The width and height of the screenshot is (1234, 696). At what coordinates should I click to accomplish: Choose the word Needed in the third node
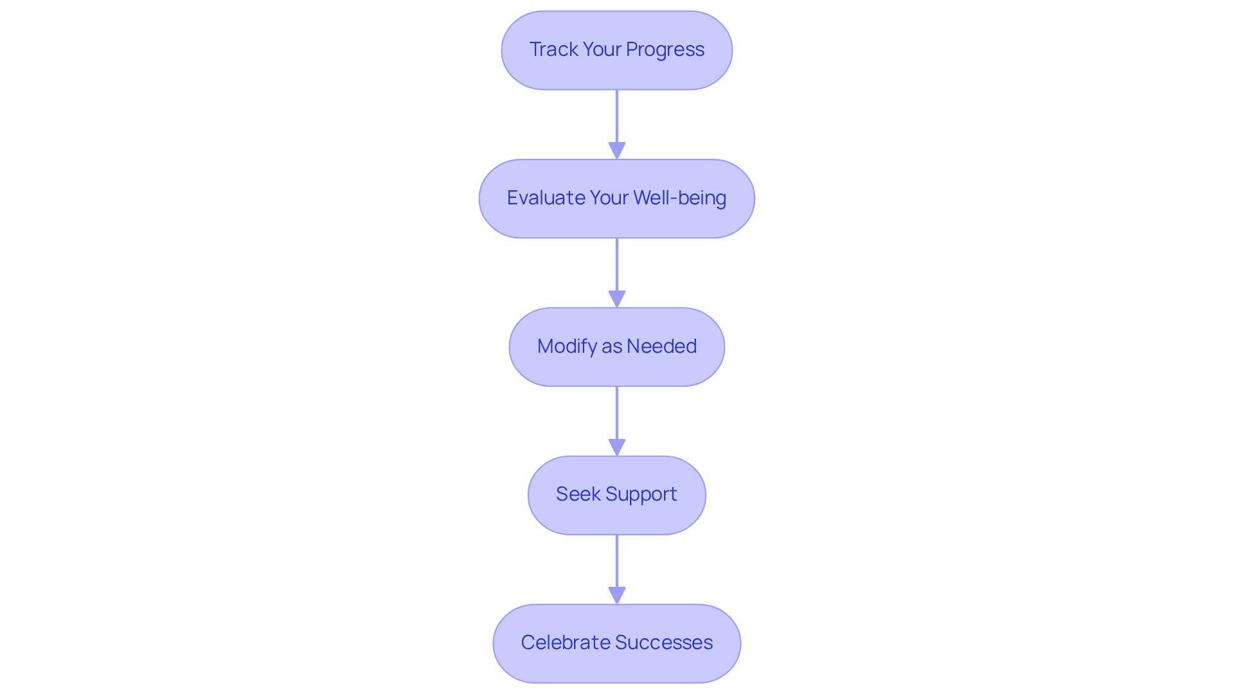click(x=661, y=346)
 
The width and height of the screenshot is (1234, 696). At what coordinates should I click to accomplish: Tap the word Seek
click(x=577, y=494)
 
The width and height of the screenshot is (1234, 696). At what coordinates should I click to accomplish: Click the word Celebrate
click(x=566, y=643)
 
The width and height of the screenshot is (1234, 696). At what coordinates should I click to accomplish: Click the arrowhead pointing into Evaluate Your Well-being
click(x=617, y=150)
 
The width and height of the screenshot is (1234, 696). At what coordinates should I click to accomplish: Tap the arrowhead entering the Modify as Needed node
click(x=617, y=299)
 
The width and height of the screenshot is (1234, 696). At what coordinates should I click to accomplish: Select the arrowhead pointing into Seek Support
click(x=617, y=447)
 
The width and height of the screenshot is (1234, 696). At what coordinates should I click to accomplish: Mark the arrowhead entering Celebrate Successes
click(x=617, y=595)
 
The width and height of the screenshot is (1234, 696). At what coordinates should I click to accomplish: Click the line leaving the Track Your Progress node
click(x=617, y=116)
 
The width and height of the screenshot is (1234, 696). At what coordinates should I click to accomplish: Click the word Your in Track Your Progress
click(x=602, y=49)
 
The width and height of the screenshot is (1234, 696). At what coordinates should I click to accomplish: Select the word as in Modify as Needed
click(x=612, y=346)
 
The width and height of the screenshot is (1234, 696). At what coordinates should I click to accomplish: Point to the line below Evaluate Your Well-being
click(x=617, y=264)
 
